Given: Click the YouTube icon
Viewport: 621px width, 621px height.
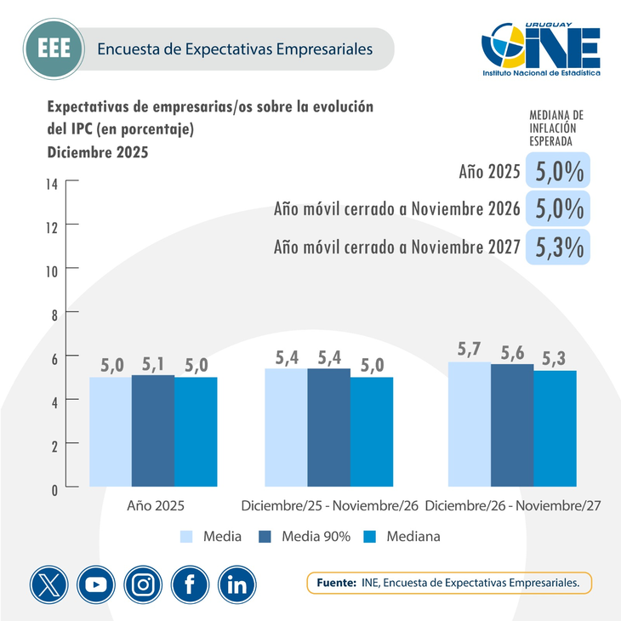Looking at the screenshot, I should [x=96, y=584].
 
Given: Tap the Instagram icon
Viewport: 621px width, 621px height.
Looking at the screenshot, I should [x=143, y=584].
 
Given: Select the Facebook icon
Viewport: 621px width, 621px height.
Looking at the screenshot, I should [x=190, y=584].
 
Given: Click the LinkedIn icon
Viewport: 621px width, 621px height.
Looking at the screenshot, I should [x=237, y=584].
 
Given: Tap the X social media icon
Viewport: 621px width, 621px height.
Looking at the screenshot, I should [x=49, y=584].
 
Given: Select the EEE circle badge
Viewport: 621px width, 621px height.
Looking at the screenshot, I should [x=49, y=48].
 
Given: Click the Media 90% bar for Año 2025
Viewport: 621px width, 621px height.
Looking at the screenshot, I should [x=153, y=431].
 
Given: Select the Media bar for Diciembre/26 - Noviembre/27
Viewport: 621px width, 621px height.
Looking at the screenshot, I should [x=469, y=424].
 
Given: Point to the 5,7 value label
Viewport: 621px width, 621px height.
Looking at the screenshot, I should [x=469, y=350].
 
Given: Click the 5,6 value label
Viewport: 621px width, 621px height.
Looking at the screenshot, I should [x=512, y=352].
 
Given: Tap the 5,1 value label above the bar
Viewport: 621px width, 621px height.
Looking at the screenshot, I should [x=154, y=363].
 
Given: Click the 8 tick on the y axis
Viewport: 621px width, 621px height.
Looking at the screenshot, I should [x=54, y=313].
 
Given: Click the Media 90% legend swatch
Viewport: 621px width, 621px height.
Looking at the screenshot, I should [x=265, y=537].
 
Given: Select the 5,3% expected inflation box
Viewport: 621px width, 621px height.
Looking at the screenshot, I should [x=559, y=246].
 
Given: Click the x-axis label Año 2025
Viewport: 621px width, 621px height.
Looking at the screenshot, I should [x=155, y=505].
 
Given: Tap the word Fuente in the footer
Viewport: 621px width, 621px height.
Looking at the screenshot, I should [x=336, y=584].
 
